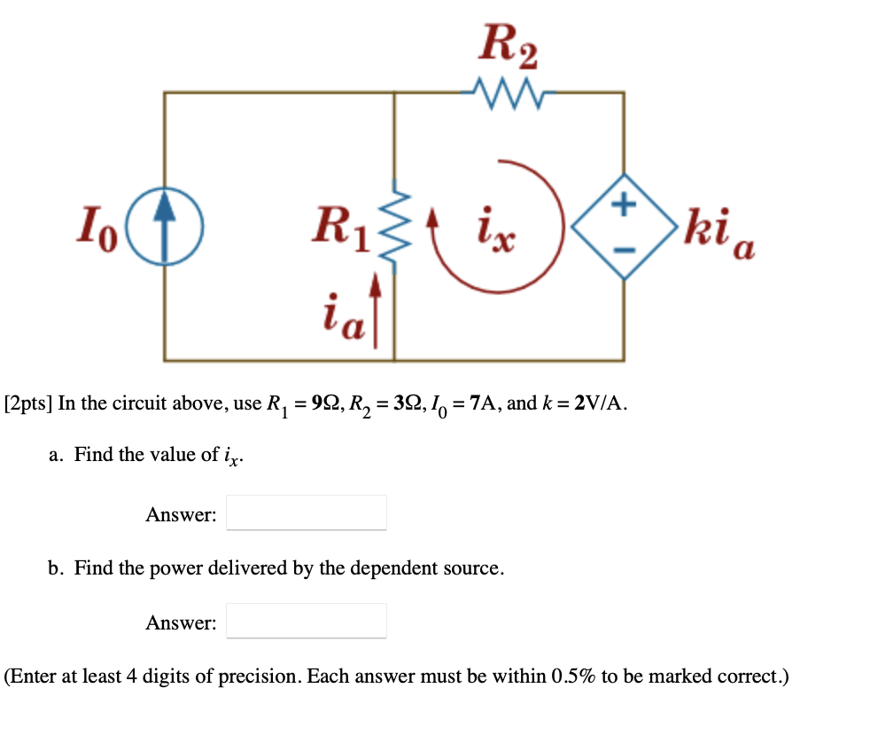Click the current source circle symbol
pos(165,228)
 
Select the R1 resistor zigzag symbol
pos(394,226)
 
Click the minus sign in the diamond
pos(625,252)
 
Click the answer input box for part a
pos(306,512)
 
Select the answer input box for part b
pos(306,621)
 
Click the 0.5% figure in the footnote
pos(574,677)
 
